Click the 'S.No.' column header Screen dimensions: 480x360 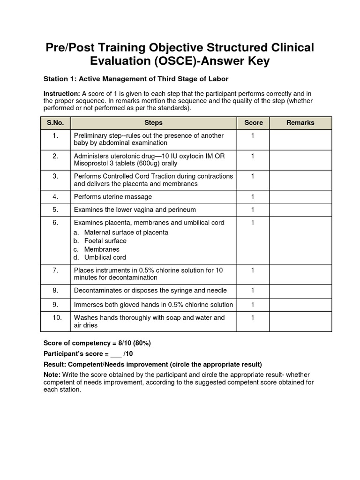click(x=55, y=123)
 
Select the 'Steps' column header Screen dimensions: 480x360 click(x=153, y=123)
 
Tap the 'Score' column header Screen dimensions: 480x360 click(x=253, y=123)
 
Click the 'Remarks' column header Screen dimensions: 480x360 click(x=300, y=123)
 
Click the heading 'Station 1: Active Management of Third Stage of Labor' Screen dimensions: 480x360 click(x=135, y=79)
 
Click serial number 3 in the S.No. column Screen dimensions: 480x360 click(x=55, y=176)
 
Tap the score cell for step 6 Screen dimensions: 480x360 click(x=253, y=223)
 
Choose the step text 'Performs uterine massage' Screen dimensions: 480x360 click(x=113, y=197)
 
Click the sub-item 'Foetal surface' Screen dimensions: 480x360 click(x=105, y=241)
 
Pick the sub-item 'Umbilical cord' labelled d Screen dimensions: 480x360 click(x=105, y=257)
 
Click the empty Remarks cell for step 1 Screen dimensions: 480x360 click(x=300, y=139)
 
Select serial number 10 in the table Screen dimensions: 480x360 click(x=55, y=317)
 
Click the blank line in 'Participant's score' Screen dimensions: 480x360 click(x=116, y=354)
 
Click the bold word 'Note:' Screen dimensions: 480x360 click(x=52, y=375)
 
